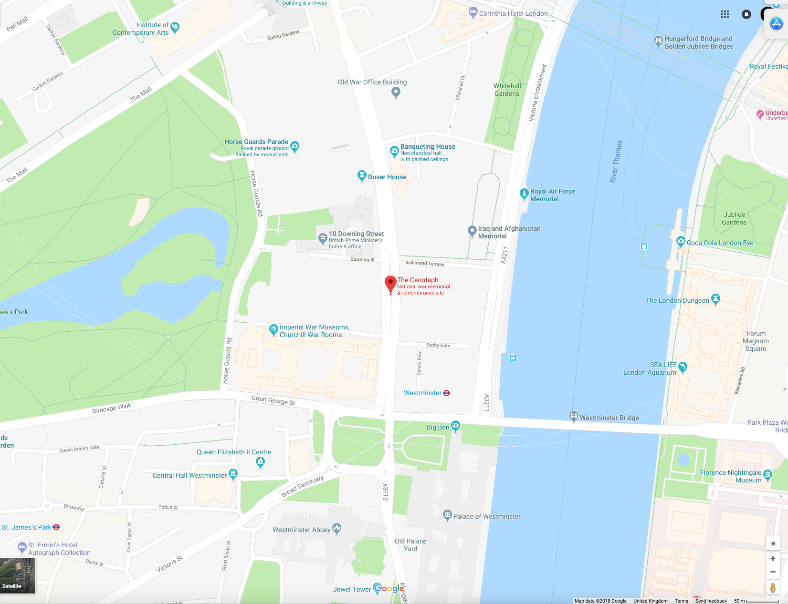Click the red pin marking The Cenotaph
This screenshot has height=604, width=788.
(390, 283)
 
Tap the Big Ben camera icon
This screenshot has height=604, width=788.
(455, 425)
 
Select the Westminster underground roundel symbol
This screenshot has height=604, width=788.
(447, 393)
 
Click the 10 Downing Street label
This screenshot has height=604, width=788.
(356, 234)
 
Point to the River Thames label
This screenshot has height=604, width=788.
(616, 161)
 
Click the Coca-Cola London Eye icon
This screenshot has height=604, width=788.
(681, 241)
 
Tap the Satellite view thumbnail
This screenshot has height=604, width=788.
(18, 575)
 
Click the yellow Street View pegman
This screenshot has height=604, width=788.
(773, 587)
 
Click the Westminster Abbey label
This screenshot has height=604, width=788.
(301, 530)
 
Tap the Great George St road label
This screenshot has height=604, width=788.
(273, 400)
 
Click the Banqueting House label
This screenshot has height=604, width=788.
(428, 146)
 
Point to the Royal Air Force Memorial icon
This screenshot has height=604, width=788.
(524, 193)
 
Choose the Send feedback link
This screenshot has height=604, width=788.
(711, 601)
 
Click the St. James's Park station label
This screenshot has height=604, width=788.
(26, 527)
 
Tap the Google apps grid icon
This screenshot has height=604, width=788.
(725, 14)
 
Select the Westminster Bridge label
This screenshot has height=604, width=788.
(609, 418)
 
